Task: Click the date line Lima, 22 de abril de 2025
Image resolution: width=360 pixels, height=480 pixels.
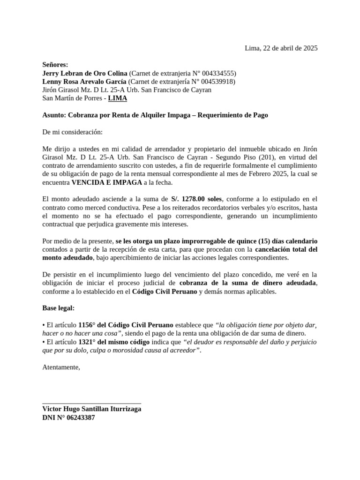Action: [x=281, y=48]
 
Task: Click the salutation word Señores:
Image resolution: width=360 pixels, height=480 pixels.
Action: [x=55, y=65]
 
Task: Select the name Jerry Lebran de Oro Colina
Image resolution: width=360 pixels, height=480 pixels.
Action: [x=85, y=73]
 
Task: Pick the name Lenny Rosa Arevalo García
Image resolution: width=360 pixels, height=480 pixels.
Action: [x=84, y=82]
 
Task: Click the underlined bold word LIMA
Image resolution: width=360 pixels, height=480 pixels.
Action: [x=118, y=98]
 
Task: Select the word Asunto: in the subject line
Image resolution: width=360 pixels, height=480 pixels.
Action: [x=54, y=115]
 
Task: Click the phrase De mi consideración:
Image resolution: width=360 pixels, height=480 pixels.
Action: [x=72, y=132]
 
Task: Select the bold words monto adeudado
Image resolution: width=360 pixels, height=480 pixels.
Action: [x=67, y=258]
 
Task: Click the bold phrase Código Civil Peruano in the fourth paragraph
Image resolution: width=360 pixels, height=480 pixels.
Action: [x=165, y=292]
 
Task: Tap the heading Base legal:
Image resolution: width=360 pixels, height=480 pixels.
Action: [x=59, y=308]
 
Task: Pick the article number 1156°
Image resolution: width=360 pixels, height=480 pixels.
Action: [x=87, y=325]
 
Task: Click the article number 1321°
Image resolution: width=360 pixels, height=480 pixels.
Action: [x=87, y=342]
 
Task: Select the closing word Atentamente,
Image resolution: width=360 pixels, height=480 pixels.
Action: [x=61, y=367]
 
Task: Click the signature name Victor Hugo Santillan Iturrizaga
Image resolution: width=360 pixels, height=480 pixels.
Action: [x=92, y=409]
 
